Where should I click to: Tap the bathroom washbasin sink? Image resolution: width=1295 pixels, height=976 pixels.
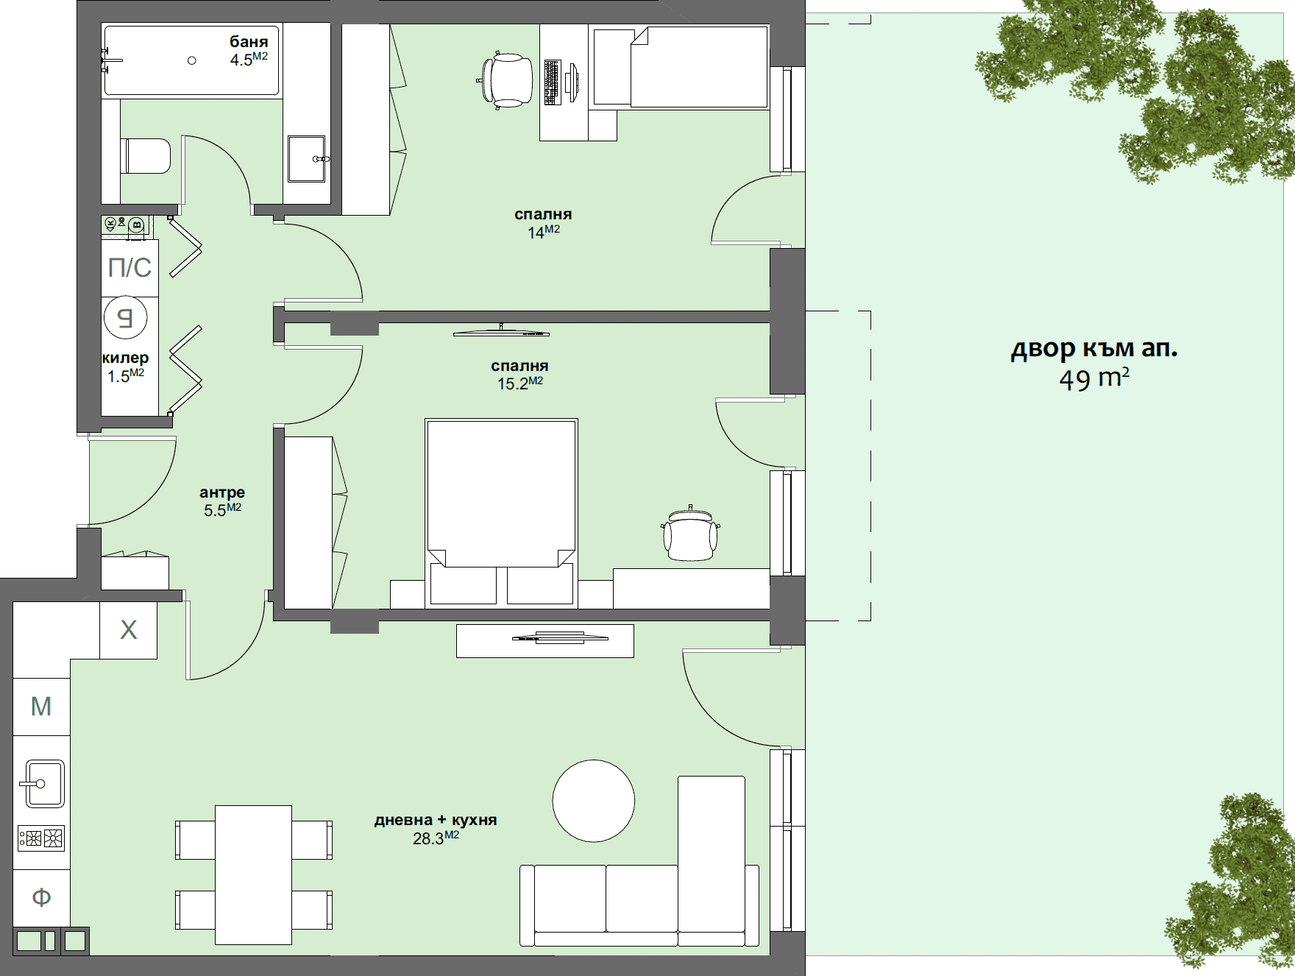click(305, 158)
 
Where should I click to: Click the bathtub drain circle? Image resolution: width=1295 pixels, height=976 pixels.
click(192, 60)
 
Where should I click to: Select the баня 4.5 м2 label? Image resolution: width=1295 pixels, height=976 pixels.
click(249, 51)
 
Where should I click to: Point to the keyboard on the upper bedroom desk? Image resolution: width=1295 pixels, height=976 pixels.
click(552, 82)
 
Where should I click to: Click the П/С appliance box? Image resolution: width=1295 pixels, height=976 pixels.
click(129, 267)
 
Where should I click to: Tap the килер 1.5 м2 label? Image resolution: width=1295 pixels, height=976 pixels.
click(125, 367)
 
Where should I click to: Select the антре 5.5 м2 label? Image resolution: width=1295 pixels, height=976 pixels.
click(222, 501)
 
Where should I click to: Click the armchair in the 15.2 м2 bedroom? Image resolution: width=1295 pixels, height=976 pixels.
click(689, 535)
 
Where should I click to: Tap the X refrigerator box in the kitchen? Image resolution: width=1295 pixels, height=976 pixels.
click(128, 630)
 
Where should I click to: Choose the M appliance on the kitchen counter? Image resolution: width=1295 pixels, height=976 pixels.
click(41, 707)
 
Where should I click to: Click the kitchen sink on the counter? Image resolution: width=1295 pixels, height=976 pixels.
click(42, 783)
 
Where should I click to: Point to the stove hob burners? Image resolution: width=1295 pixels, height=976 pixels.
click(41, 838)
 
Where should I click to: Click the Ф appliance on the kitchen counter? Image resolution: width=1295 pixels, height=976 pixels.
click(41, 897)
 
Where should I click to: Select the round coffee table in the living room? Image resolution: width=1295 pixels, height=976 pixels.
click(593, 801)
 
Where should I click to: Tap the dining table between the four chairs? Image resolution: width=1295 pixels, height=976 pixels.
click(253, 874)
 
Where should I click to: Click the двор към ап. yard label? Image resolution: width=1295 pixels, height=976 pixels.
click(1093, 363)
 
